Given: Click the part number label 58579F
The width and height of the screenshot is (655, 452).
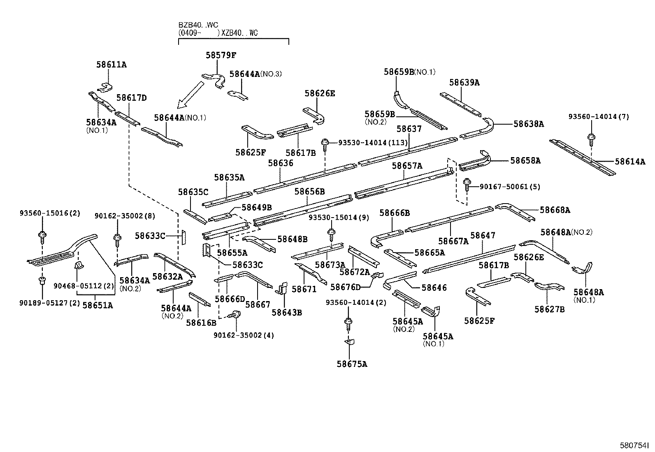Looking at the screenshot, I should pyautogui.click(x=221, y=55).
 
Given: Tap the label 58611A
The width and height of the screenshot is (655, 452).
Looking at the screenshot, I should pyautogui.click(x=111, y=64).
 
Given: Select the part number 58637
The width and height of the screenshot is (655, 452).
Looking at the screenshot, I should pyautogui.click(x=409, y=129).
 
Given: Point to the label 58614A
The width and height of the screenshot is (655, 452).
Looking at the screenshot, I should pyautogui.click(x=630, y=162).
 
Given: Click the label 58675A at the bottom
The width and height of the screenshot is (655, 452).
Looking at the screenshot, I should pyautogui.click(x=352, y=364).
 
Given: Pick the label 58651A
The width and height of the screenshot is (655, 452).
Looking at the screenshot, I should pyautogui.click(x=98, y=305).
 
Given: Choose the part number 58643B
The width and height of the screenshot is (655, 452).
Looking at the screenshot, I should pyautogui.click(x=287, y=313).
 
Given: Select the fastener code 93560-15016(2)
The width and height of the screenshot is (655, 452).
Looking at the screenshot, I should pyautogui.click(x=50, y=213).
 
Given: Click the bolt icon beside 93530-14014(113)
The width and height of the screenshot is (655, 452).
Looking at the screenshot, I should pyautogui.click(x=325, y=143).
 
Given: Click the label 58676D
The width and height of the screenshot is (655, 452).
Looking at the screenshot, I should pyautogui.click(x=346, y=287).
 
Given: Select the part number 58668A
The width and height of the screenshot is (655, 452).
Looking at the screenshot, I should pyautogui.click(x=555, y=210).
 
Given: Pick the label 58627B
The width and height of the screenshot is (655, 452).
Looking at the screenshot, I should pyautogui.click(x=550, y=309).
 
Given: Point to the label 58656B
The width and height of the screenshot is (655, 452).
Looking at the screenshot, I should pyautogui.click(x=310, y=191).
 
